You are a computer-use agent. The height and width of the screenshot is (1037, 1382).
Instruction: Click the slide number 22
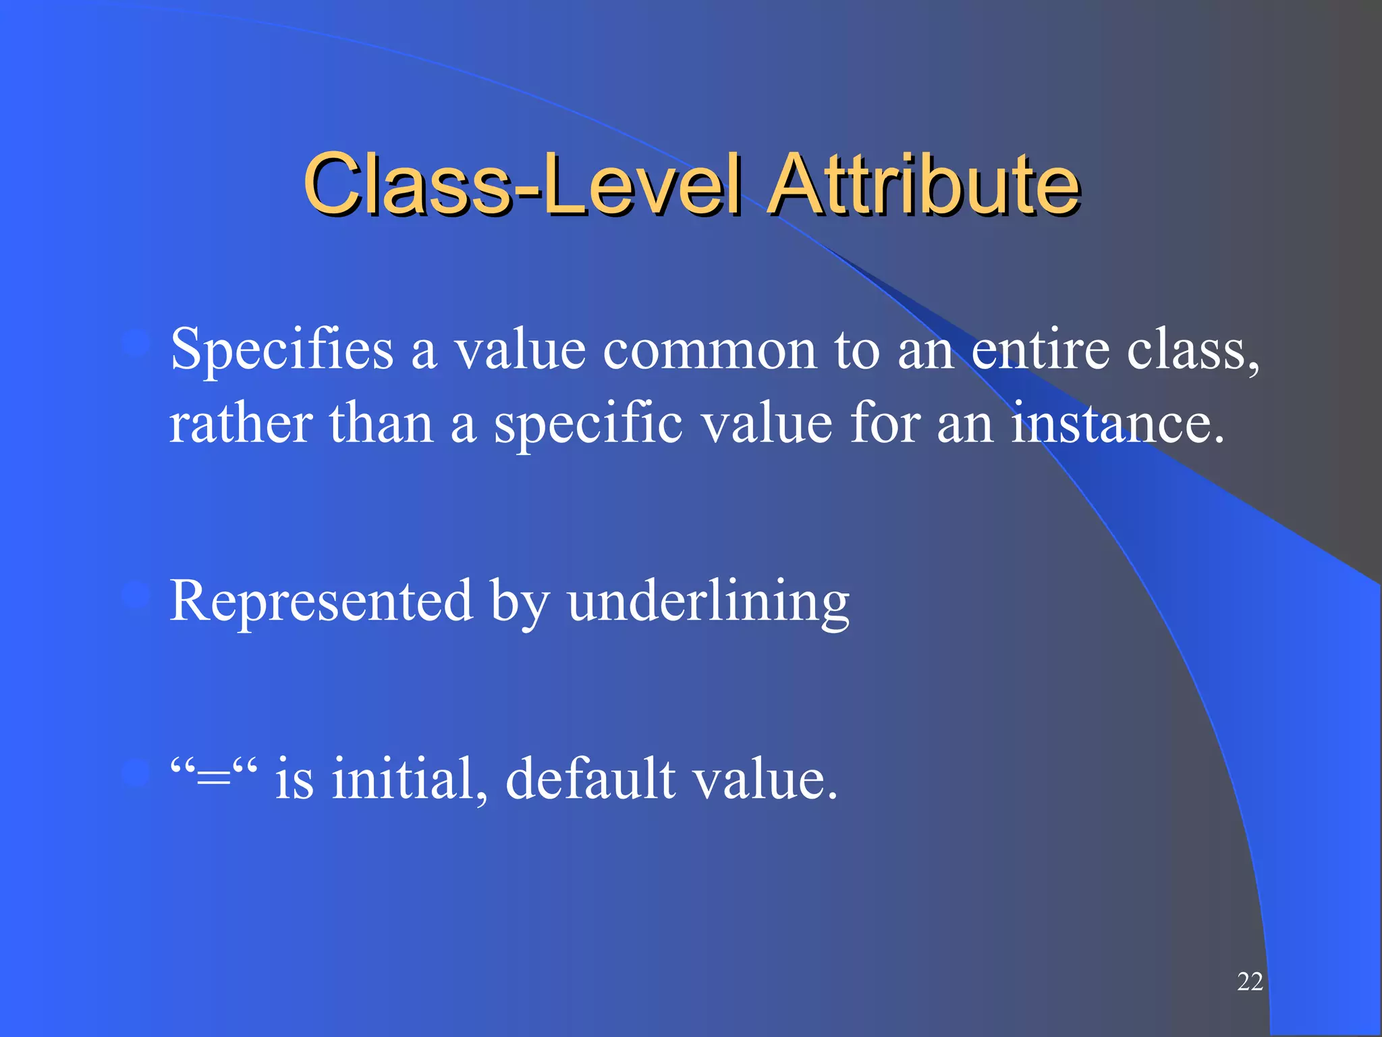pyautogui.click(x=1250, y=982)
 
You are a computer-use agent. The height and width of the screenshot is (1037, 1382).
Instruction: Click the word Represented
pyautogui.click(x=321, y=601)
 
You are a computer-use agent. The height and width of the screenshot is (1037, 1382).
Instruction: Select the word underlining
pyautogui.click(x=708, y=601)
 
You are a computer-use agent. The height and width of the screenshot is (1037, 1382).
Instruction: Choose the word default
pyautogui.click(x=590, y=778)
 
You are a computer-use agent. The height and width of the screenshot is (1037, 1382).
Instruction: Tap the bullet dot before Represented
pyautogui.click(x=136, y=595)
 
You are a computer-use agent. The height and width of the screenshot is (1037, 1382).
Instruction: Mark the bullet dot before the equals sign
pyautogui.click(x=136, y=772)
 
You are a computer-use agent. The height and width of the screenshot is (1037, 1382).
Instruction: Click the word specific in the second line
pyautogui.click(x=588, y=425)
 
